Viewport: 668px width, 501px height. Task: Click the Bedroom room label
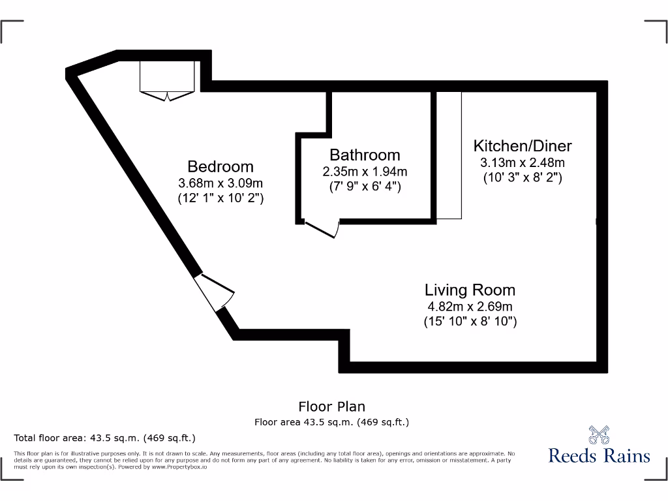220,166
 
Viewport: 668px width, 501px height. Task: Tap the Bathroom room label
365,155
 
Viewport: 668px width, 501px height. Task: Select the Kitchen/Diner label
523,145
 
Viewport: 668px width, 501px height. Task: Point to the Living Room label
470,290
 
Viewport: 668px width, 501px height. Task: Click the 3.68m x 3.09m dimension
220,183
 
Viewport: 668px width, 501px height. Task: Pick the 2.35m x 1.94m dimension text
365,172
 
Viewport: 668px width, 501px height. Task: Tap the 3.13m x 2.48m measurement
523,162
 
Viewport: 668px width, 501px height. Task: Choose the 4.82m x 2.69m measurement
470,306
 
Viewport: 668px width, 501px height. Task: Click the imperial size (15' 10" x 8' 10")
470,321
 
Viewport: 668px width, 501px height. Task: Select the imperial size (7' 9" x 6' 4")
365,187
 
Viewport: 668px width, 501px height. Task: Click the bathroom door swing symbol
323,229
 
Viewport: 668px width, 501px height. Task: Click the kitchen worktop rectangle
449,155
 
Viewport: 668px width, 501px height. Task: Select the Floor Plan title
331,407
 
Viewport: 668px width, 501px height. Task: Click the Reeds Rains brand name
599,455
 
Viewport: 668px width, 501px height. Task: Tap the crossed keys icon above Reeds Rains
599,434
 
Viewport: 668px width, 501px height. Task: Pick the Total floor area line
104,438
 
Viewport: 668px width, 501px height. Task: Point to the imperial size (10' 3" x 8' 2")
523,177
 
